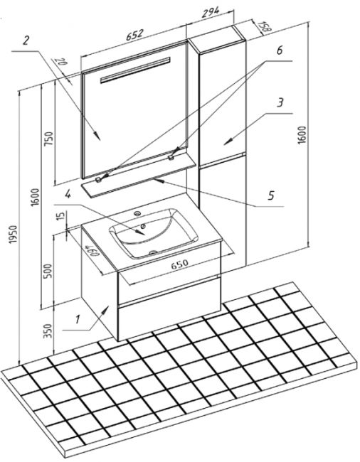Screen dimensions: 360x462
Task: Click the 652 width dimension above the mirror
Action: (x=134, y=35)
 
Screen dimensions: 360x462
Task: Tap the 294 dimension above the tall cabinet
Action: (x=211, y=13)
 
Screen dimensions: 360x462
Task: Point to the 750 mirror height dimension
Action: (x=48, y=138)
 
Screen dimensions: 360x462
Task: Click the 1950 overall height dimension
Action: (x=14, y=235)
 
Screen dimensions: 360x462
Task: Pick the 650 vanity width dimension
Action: (x=179, y=263)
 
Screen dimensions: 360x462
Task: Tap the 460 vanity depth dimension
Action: (x=92, y=250)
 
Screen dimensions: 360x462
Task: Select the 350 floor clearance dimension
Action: (x=48, y=331)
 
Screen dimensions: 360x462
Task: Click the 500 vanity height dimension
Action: (x=48, y=271)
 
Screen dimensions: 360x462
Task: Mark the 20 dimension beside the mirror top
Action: (x=62, y=63)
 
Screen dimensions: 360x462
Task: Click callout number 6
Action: (x=280, y=50)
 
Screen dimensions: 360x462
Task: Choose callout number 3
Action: (x=280, y=102)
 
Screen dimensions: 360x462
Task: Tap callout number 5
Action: (x=272, y=195)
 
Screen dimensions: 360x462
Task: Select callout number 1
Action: (x=78, y=319)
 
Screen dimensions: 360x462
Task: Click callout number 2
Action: (x=26, y=41)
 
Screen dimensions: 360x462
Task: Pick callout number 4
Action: (x=68, y=194)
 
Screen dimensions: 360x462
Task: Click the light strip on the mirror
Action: (x=135, y=70)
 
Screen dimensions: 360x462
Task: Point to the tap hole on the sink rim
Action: (x=137, y=213)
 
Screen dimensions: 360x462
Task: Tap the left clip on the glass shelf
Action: (x=98, y=180)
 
